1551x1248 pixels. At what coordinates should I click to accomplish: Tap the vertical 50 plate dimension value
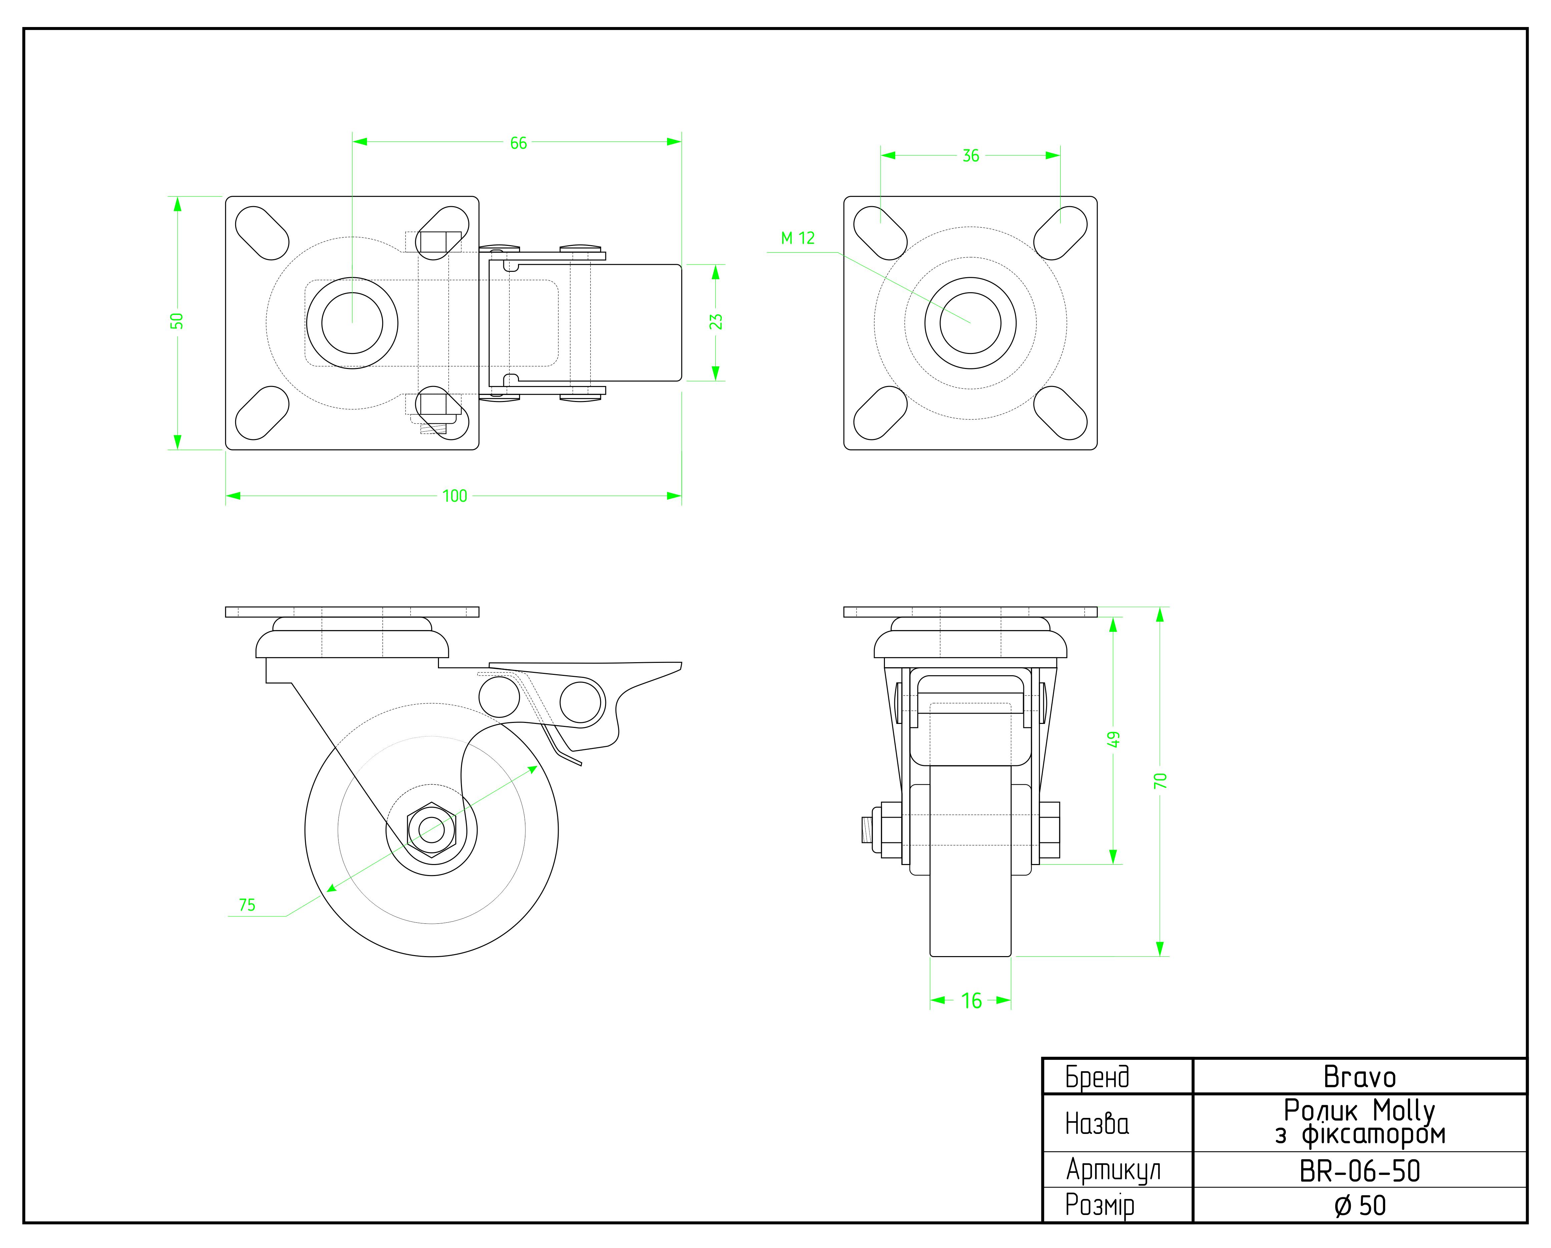[x=177, y=321]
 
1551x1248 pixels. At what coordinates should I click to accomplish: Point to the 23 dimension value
[x=716, y=322]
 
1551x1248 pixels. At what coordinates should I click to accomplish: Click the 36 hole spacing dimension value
[x=970, y=155]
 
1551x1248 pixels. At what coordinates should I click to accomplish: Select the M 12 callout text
[x=798, y=238]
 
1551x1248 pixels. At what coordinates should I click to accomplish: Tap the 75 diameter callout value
[x=247, y=905]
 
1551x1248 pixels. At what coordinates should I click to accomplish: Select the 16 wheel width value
[x=971, y=1000]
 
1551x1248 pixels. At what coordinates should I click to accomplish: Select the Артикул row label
[x=1113, y=1171]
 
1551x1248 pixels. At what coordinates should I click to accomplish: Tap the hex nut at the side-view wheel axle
[x=431, y=829]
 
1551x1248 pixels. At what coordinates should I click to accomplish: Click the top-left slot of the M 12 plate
[x=879, y=232]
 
